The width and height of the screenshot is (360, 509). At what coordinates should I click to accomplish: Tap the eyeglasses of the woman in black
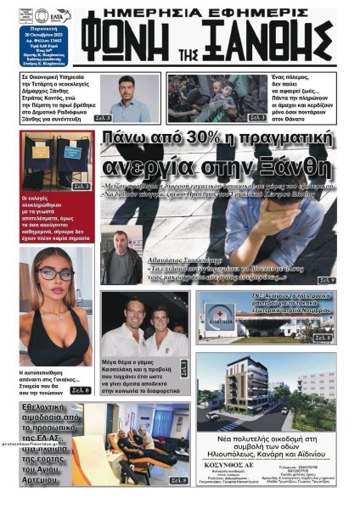coord(53,274)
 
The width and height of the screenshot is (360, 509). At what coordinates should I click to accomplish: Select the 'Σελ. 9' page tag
coord(326,279)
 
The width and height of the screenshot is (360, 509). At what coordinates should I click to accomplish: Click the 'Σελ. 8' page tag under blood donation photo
coord(178,480)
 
